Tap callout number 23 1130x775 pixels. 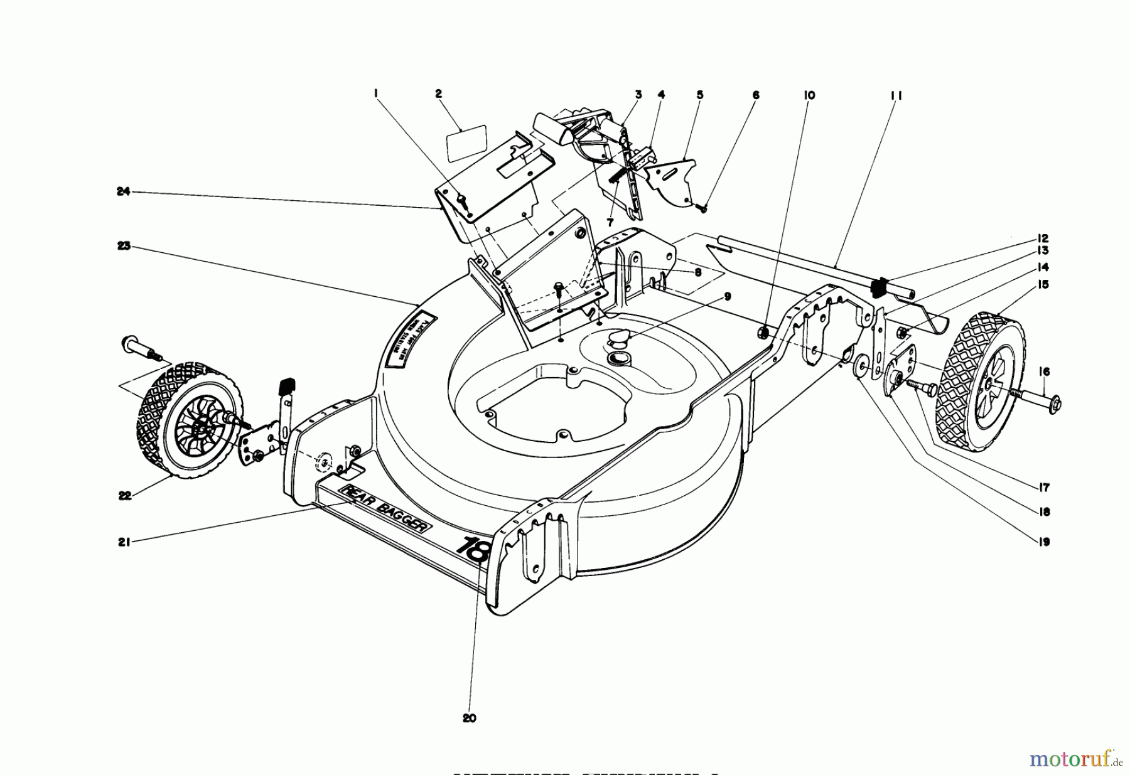click(123, 247)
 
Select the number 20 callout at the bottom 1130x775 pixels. click(470, 719)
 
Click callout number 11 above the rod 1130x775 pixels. click(895, 96)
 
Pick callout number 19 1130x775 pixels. click(1043, 542)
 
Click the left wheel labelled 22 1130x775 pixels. click(188, 424)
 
